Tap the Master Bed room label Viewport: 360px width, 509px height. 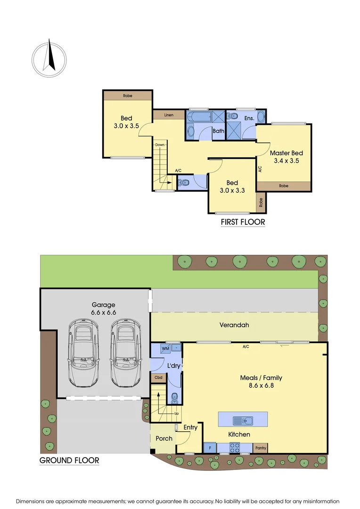tap(286, 153)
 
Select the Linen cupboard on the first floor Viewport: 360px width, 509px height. tap(168, 115)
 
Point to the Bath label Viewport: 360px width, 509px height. tap(218, 131)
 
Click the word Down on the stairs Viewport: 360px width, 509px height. tap(160, 145)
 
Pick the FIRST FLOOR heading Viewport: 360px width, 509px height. tap(243, 222)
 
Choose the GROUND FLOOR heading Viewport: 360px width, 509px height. tap(69, 460)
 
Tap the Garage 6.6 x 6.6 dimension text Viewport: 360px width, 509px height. tap(103, 309)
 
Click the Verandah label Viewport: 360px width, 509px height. tap(234, 325)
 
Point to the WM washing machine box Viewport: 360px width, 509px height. tap(165, 348)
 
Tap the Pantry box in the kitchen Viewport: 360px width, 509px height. tap(261, 448)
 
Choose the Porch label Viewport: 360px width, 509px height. tap(164, 438)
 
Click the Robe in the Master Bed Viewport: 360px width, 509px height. tap(284, 186)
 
